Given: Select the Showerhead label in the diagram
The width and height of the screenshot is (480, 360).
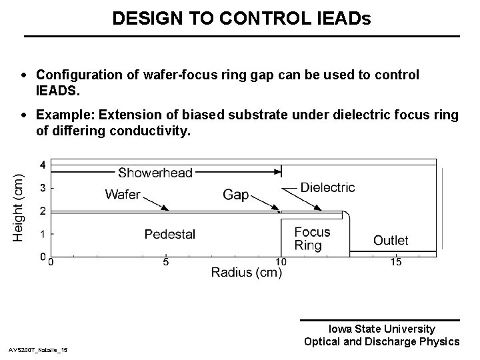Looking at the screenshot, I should click(x=155, y=173).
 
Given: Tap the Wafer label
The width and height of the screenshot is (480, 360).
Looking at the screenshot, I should click(x=123, y=195).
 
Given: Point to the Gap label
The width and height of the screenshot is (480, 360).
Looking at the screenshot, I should click(x=235, y=195).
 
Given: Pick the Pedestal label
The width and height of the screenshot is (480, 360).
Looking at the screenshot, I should click(x=170, y=234).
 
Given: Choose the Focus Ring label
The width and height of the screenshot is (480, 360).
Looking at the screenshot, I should click(x=312, y=239).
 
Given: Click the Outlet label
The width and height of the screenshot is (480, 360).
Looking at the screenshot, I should click(x=391, y=240).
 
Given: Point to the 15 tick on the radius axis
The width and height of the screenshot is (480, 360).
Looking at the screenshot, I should click(x=396, y=262).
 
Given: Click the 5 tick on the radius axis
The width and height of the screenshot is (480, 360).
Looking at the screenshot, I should click(x=166, y=262).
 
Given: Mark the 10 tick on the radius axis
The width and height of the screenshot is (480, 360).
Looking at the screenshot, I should click(x=281, y=262).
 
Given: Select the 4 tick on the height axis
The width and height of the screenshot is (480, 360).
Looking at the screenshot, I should click(x=43, y=165).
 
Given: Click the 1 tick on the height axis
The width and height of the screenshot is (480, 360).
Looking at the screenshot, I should click(x=43, y=234).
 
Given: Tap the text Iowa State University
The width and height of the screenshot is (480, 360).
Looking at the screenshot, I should click(x=382, y=329).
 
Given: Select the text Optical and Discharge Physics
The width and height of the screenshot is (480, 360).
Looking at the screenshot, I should click(x=381, y=341).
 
